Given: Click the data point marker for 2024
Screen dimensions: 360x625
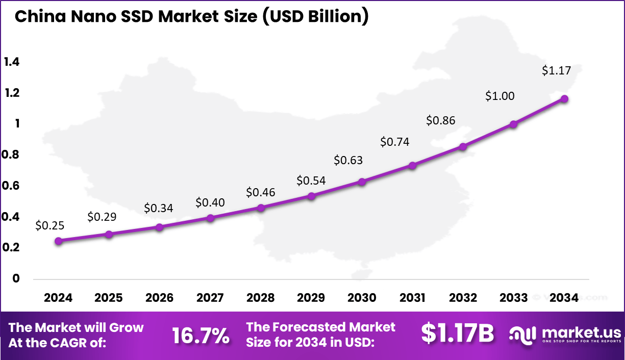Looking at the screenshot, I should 59,241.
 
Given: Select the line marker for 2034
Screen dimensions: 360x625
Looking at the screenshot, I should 564,99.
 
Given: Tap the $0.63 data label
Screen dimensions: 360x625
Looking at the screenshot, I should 348,160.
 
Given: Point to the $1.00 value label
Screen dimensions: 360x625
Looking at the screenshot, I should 500,96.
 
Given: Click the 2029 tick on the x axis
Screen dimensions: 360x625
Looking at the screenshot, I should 311,298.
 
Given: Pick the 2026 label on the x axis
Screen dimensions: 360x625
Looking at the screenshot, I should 159,298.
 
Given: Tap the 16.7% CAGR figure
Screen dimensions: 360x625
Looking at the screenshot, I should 200,336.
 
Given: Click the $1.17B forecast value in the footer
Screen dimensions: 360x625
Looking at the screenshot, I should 458,333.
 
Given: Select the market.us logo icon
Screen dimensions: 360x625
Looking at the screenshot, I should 522,335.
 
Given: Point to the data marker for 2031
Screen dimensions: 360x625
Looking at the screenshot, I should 413,165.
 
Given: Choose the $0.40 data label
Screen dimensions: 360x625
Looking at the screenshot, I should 210,203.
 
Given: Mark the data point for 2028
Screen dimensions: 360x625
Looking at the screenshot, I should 261,208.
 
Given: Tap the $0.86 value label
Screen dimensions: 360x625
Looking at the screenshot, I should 441,120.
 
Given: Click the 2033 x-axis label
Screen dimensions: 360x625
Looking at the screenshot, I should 513,298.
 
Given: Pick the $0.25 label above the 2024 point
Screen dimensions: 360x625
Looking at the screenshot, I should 50,225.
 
